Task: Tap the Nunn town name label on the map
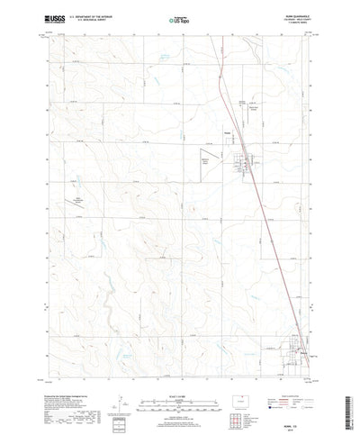[228, 139]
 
